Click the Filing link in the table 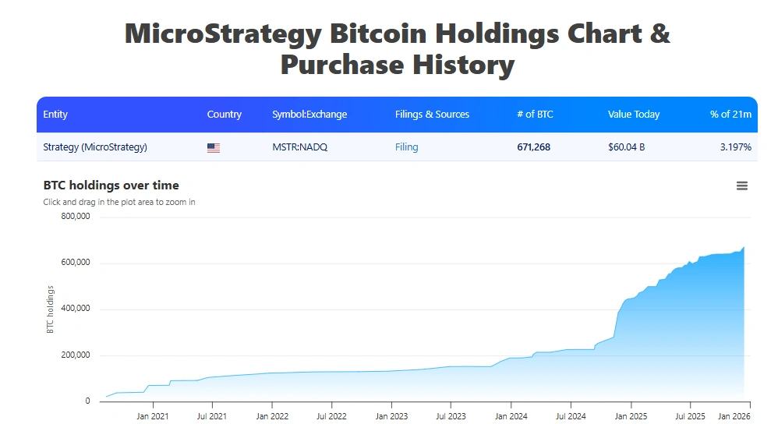[x=406, y=147]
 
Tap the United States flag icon [x=214, y=147]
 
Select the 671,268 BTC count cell [x=533, y=147]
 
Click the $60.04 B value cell [x=626, y=147]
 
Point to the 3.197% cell [x=735, y=147]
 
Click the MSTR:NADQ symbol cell [x=300, y=147]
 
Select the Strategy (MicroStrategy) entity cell [x=95, y=147]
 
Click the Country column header [x=225, y=114]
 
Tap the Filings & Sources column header [x=432, y=114]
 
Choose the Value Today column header [x=634, y=114]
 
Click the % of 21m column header [x=730, y=114]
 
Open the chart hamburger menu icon [x=742, y=185]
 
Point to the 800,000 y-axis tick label [x=76, y=216]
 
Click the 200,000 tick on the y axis [x=76, y=355]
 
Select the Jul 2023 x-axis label [x=451, y=416]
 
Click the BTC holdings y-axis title [x=51, y=309]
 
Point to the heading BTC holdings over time [x=111, y=185]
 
